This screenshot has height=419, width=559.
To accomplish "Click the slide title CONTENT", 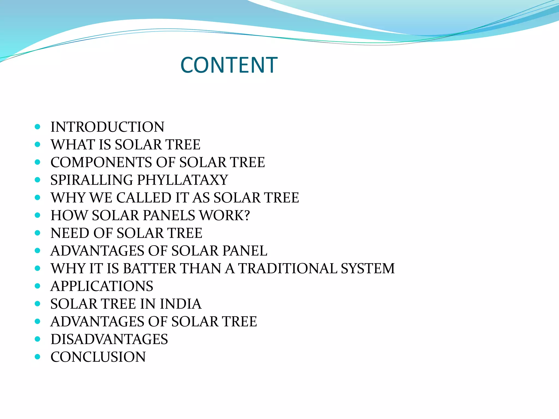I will pos(229,65).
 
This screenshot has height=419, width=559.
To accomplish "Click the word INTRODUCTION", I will pos(108,127).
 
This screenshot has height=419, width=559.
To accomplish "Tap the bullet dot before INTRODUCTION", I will pos(38,127).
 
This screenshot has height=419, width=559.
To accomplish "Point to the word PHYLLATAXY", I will pos(183,180).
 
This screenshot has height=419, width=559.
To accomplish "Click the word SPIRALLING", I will pos(92,180).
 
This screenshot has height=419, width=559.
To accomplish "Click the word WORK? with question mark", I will pos(225,216).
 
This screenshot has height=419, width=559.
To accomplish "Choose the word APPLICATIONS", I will pos(102,286).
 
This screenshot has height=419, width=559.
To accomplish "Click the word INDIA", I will pos(181,304).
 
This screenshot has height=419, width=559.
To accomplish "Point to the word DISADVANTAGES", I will pos(109,340).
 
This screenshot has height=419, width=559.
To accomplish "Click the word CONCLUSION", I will pos(98,357).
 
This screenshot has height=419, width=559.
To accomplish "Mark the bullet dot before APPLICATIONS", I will pos(38,286).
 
